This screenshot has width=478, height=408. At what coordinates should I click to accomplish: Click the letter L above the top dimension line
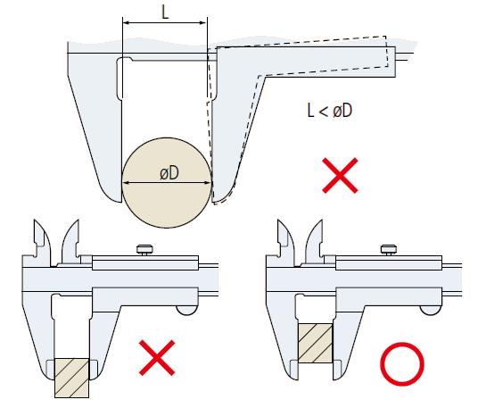tap(165, 13)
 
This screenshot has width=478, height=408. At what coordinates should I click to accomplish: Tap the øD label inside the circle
tap(169, 173)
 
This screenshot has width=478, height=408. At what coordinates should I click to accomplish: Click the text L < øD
tap(330, 111)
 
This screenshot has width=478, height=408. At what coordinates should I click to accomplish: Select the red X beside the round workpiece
tap(340, 176)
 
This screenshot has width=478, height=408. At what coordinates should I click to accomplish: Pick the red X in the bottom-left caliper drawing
tap(157, 358)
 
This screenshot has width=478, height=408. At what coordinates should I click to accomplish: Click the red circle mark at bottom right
tap(402, 363)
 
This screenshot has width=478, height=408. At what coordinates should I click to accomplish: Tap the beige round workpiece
tap(167, 182)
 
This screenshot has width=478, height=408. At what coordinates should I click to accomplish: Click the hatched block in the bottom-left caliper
tap(72, 379)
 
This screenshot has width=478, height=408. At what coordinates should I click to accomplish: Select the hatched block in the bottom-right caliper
tap(316, 344)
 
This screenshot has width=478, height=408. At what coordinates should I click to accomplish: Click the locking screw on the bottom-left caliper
tap(144, 250)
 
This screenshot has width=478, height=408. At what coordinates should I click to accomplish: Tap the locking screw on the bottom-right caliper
tap(389, 250)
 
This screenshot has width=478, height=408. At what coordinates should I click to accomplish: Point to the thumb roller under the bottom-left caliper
tap(187, 310)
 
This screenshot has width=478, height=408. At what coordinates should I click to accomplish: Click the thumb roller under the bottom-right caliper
tap(431, 310)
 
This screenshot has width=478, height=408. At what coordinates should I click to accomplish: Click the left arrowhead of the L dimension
tap(127, 22)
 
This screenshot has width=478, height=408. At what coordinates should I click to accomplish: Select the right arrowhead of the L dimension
tap(203, 22)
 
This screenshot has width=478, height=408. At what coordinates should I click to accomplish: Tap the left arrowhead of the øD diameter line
tap(126, 183)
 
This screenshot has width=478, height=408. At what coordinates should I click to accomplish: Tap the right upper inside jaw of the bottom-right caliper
tap(315, 241)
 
